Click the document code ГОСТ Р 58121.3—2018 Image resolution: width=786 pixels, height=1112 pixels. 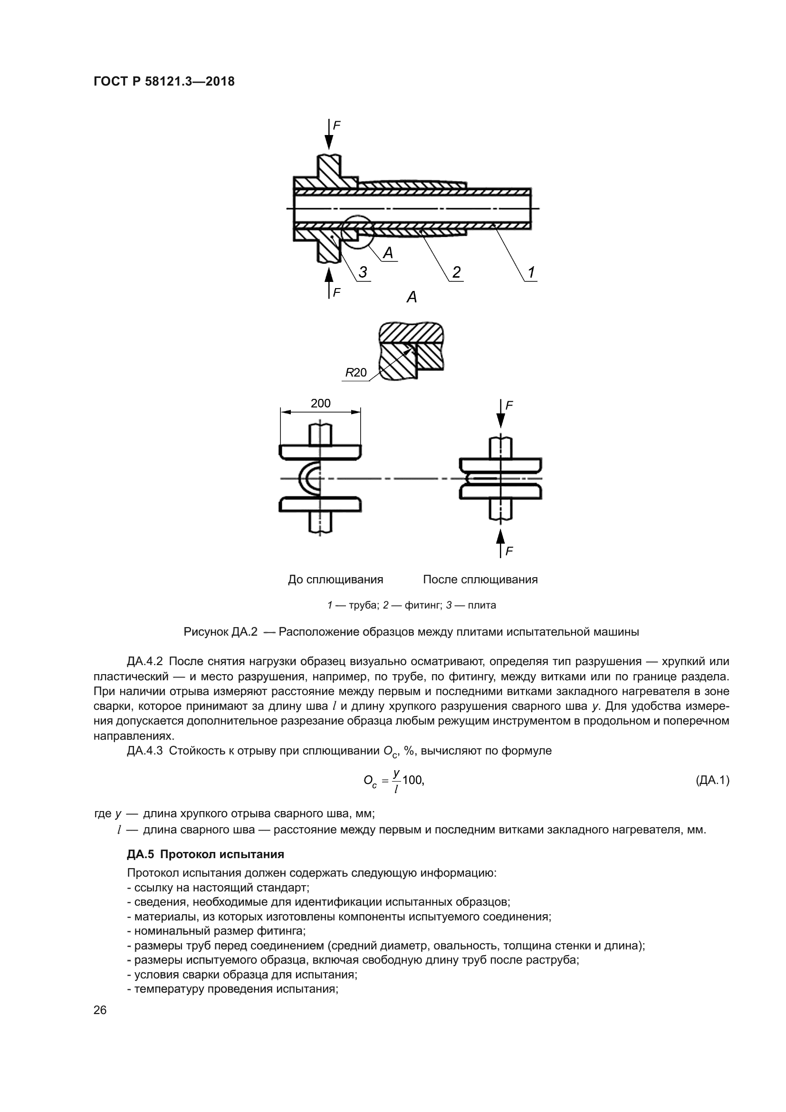point(163,82)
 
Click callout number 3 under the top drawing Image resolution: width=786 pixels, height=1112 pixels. point(363,273)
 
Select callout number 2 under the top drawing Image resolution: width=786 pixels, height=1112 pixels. point(456,273)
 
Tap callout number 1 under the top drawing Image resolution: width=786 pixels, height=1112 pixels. point(531,273)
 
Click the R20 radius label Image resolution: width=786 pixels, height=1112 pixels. point(356,372)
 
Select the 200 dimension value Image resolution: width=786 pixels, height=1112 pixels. point(320,404)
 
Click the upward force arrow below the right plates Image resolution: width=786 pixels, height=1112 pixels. point(501,542)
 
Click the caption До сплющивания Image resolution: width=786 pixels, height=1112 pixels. point(335,580)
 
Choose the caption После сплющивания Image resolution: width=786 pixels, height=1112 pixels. point(480,580)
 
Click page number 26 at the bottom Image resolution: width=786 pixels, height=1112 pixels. point(100,1010)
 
